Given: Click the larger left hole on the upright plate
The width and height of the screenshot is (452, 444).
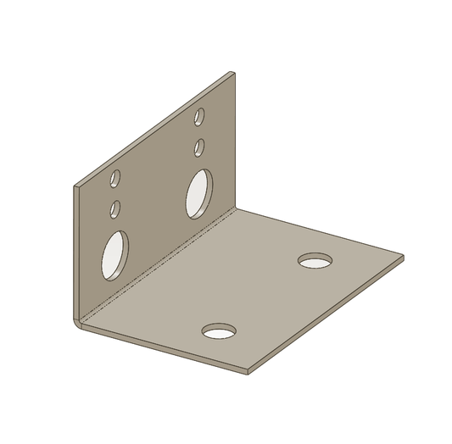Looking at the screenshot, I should coord(115,255).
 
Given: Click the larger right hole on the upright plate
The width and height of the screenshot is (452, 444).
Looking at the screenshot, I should coord(199,193).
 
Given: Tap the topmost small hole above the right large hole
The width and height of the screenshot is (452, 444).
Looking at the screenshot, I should coord(200,116).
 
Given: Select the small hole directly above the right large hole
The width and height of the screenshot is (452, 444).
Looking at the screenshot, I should coord(199,147).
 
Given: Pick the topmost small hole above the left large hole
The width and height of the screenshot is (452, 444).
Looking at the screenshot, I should coord(116,178).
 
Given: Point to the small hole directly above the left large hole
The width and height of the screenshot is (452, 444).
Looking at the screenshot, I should coord(115,207).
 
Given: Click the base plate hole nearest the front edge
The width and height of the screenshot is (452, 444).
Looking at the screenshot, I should coord(220,330).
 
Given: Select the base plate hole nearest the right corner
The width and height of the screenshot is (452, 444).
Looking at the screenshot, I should coord(315,260).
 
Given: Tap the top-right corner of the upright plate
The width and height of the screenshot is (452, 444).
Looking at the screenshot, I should coord(232,74).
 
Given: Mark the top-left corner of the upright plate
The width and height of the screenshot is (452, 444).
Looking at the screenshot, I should coord(75,186).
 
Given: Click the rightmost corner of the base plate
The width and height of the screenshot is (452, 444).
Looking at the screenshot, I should coord(403,257).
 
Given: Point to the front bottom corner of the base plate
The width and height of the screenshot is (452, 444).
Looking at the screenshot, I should coord(247,373).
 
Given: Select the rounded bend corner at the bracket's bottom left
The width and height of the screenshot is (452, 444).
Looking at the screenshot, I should coord(78,323).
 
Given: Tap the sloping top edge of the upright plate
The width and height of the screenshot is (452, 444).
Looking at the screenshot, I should coord(153,130).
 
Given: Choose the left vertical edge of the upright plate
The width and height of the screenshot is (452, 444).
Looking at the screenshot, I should coord(75,254).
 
